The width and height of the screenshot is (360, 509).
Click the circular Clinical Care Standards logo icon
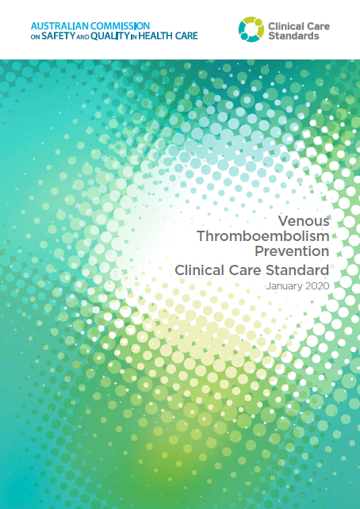click(253, 29)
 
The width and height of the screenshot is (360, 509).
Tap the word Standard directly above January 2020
click(296, 270)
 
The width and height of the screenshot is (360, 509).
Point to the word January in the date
click(285, 285)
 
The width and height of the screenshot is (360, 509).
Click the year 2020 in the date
click(316, 285)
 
